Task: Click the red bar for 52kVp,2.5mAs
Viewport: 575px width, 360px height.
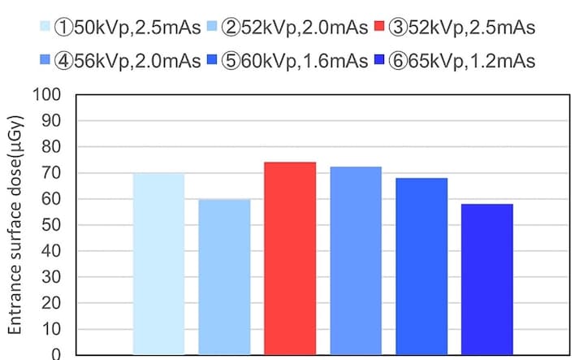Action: point(290,258)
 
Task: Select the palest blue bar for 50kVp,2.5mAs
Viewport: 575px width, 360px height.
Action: point(158,263)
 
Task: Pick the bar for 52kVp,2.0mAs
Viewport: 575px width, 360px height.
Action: point(224,276)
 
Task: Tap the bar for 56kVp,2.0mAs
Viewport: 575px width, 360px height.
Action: point(356,260)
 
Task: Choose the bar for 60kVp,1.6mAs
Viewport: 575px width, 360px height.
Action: point(422,266)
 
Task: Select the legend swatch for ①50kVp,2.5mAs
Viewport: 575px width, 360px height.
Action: point(45,27)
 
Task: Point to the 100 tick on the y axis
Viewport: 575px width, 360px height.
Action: point(50,95)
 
